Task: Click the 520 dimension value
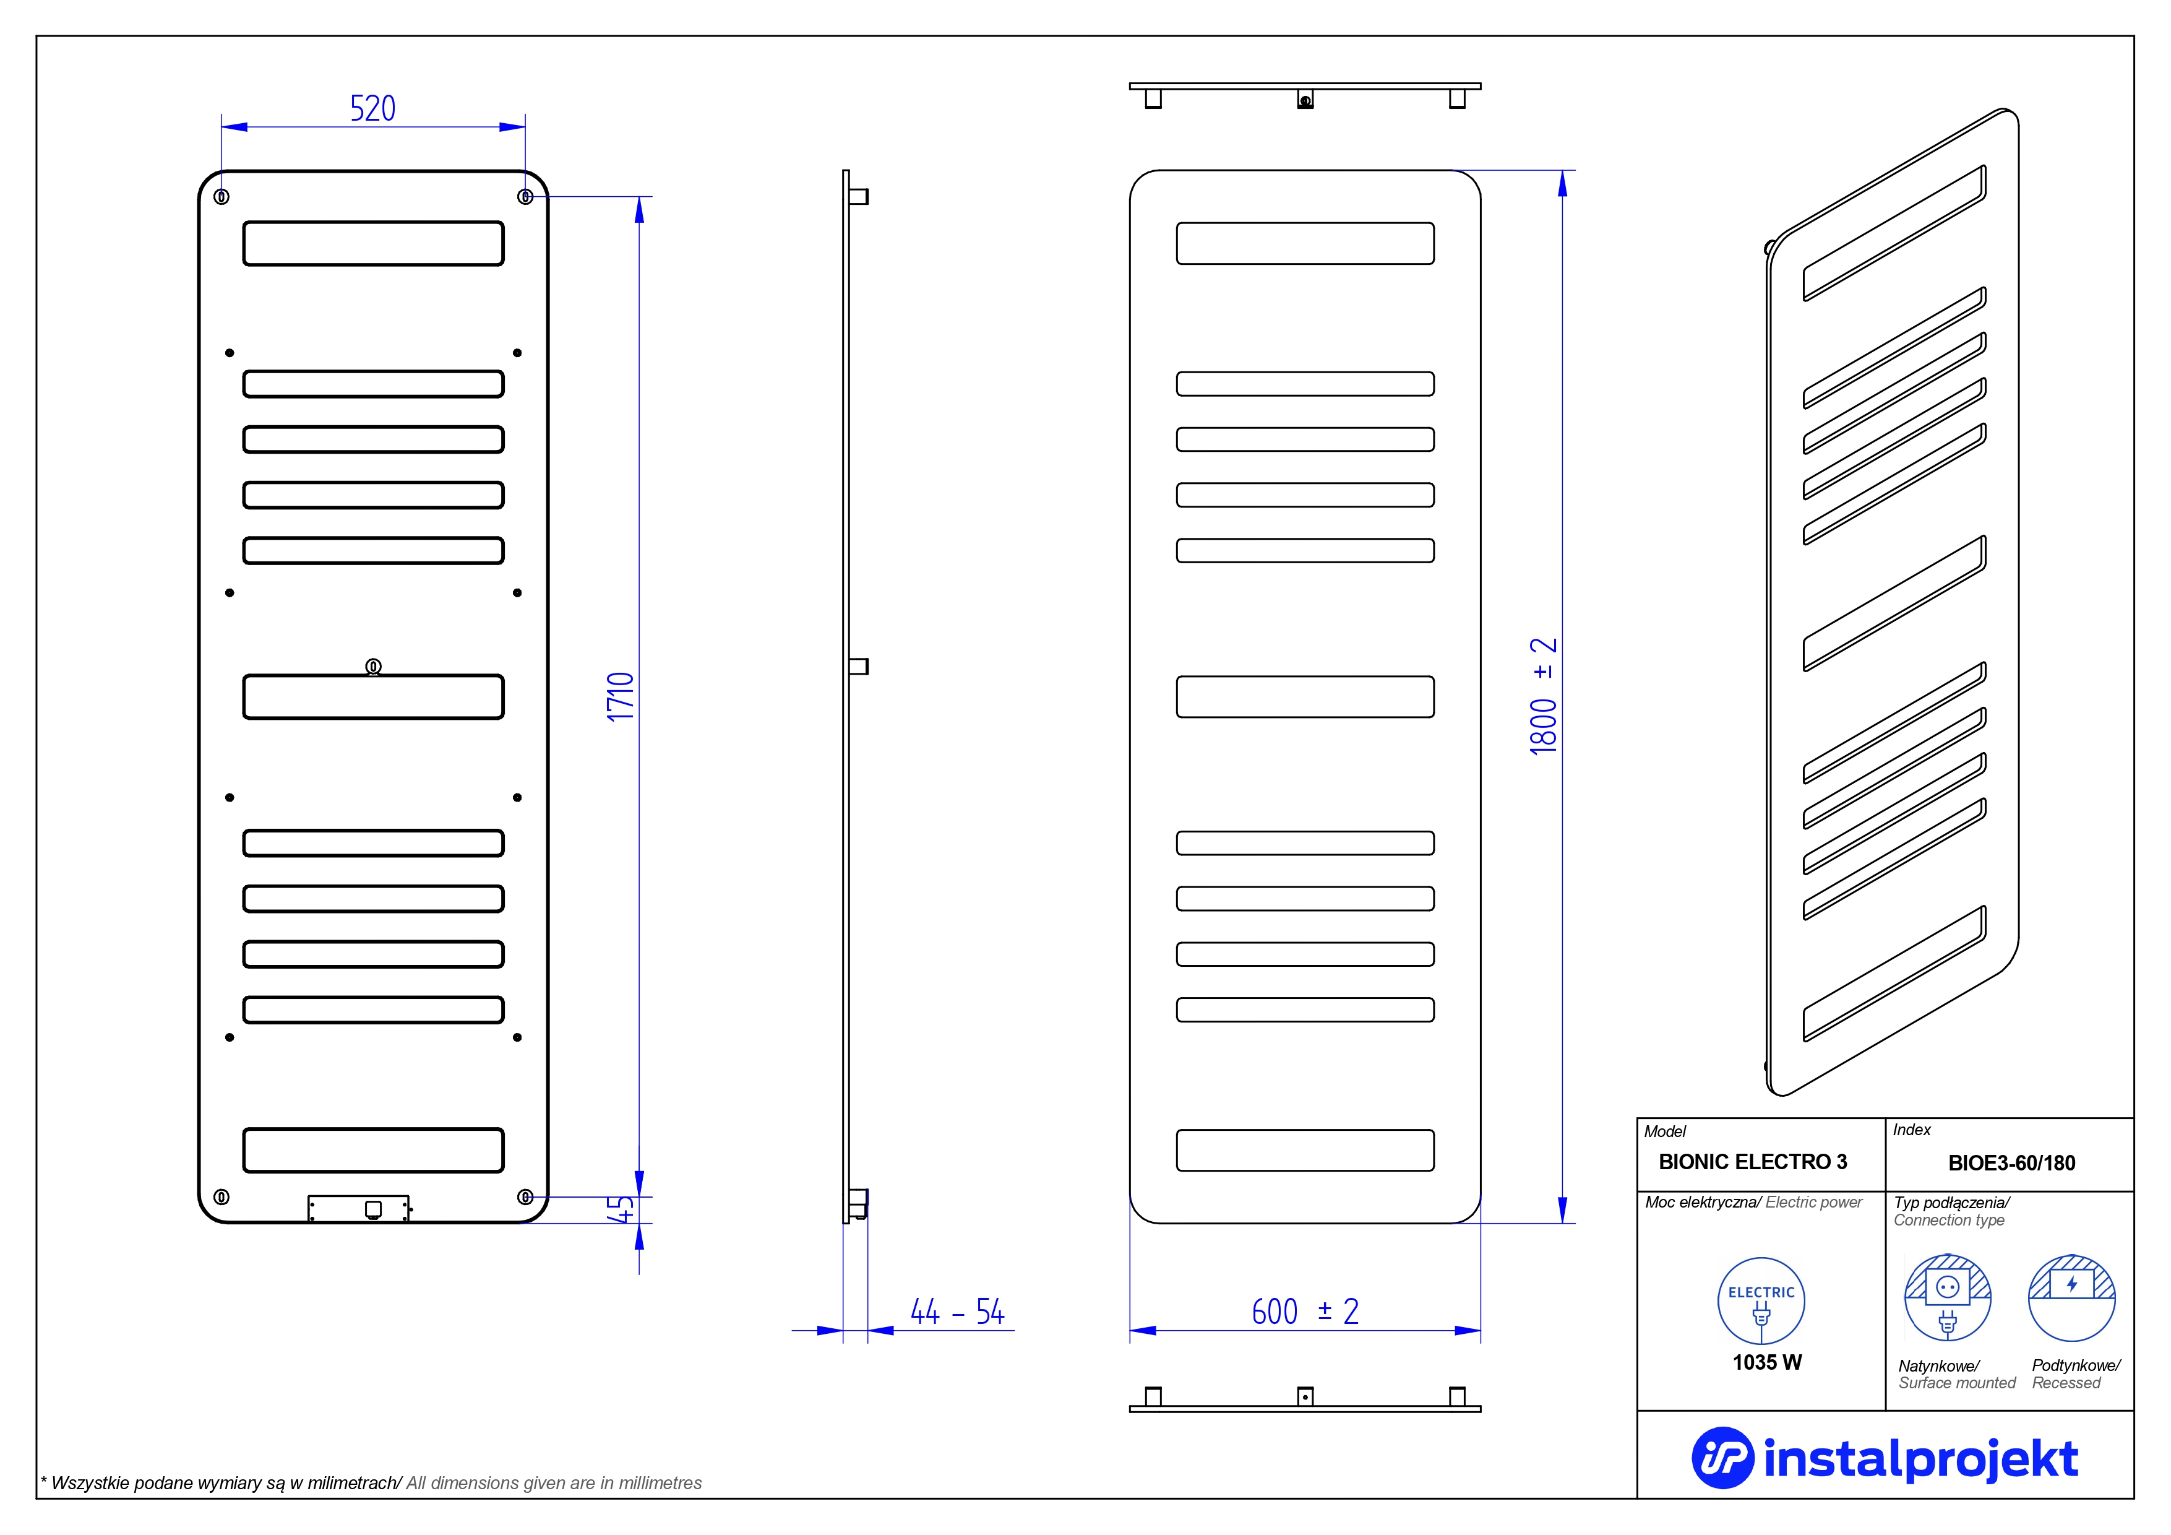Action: click(372, 109)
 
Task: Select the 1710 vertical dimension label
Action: click(621, 697)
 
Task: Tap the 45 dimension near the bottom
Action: click(621, 1209)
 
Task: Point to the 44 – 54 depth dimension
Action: click(957, 1312)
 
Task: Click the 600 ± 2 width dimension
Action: click(1305, 1312)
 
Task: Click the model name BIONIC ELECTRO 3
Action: click(1752, 1162)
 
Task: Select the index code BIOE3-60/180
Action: click(2011, 1163)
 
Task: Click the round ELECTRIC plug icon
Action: click(1761, 1300)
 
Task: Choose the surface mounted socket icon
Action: click(1947, 1297)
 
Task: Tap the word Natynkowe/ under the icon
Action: click(1938, 1365)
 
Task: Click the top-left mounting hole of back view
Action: click(221, 197)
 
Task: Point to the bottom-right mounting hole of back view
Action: click(526, 1196)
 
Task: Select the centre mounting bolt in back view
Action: click(374, 667)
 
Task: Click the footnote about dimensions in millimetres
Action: click(371, 1483)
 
